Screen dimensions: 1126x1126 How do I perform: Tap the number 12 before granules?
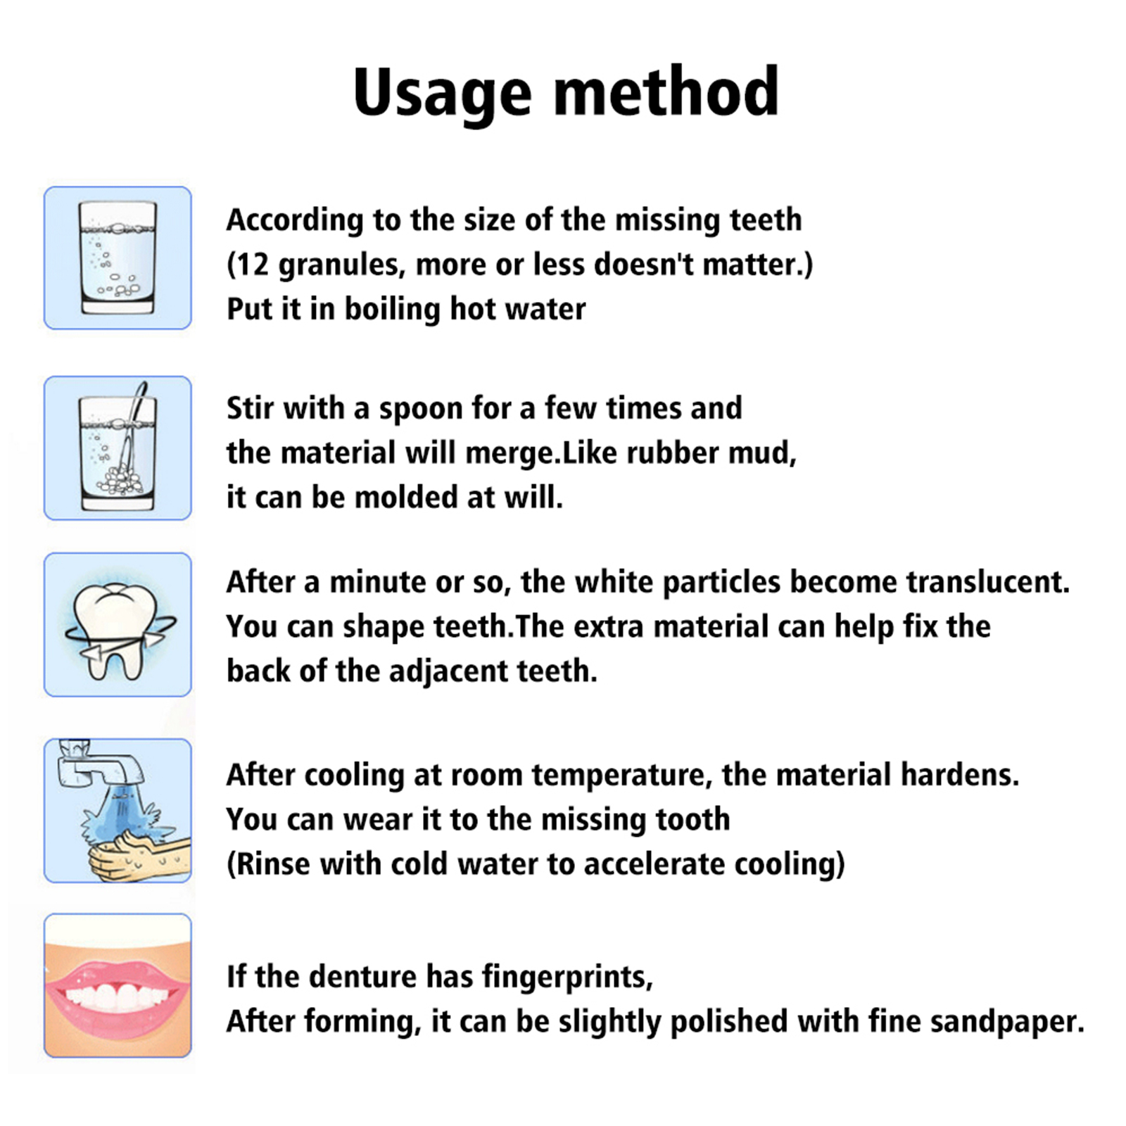point(252,265)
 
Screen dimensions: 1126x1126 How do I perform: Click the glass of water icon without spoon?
point(118,258)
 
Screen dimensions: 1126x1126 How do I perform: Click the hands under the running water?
point(137,854)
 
